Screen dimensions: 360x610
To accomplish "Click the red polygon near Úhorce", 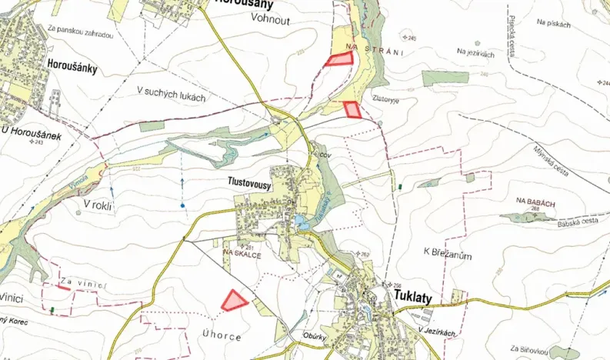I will pos(234,300).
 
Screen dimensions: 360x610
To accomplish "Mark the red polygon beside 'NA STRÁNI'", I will pos(337,60).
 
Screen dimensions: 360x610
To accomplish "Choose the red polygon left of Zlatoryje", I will pos(352,109).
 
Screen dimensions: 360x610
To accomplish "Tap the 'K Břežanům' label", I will pos(447,255).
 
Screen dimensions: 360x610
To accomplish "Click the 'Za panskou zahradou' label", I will pos(80,35).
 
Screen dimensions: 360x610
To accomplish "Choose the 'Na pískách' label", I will pos(555,25).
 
